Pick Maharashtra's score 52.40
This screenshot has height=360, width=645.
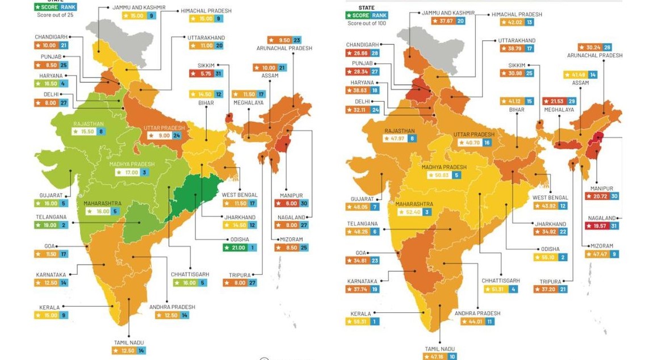pyautogui.click(x=413, y=212)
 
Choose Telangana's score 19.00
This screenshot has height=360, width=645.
pyautogui.click(x=51, y=225)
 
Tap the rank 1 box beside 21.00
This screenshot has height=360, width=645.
pyautogui.click(x=252, y=248)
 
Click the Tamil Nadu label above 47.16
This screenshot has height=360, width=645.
pyautogui.click(x=439, y=349)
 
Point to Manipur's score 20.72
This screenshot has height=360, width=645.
pyautogui.click(x=598, y=196)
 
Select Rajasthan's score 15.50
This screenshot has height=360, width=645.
pyautogui.click(x=87, y=131)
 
